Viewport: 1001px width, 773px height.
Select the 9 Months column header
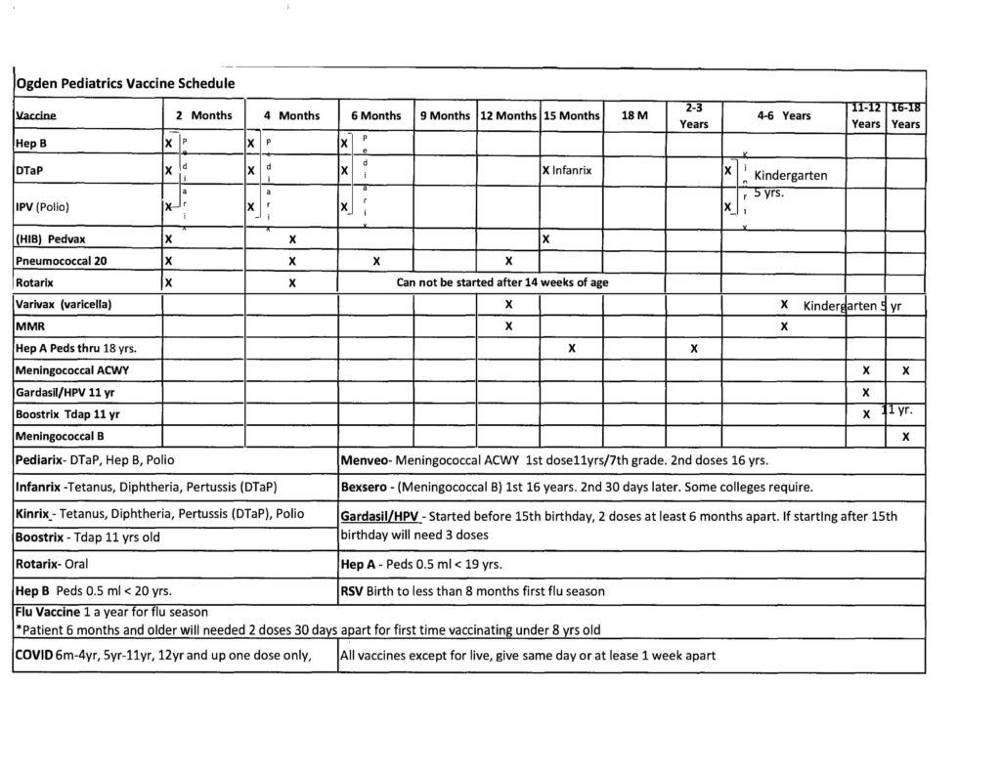tap(445, 116)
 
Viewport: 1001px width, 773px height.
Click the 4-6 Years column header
tap(784, 116)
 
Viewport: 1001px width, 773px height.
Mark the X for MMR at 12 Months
tap(508, 326)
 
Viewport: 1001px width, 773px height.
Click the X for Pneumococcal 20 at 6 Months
tap(376, 261)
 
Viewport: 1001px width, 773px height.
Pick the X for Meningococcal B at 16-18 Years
tap(905, 436)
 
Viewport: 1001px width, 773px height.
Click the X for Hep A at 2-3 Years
tap(694, 348)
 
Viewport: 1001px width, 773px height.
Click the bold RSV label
tap(353, 590)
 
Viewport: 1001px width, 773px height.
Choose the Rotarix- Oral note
tap(57, 565)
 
